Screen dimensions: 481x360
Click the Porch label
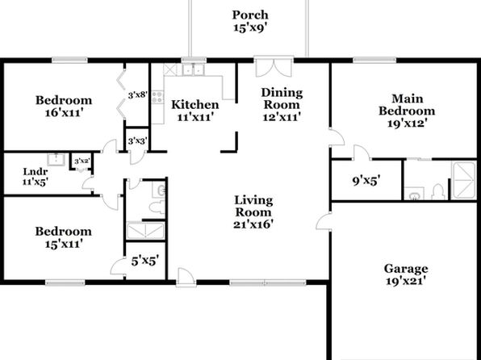250,15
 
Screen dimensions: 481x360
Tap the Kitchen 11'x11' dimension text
195,117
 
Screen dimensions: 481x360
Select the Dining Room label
282,98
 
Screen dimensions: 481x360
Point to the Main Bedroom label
407,105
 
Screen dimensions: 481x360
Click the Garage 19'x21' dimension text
406,281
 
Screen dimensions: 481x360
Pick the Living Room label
253,207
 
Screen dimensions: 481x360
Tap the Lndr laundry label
36,172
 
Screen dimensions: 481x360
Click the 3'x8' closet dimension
138,95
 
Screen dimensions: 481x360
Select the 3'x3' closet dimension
138,141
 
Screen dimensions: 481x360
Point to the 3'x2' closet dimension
82,161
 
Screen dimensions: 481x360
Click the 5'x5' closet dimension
145,262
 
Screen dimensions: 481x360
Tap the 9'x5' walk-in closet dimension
366,181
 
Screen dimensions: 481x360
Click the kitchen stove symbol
157,97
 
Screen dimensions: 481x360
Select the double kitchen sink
193,70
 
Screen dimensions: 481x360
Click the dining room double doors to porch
274,66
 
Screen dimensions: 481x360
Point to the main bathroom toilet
437,191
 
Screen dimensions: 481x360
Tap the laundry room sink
56,159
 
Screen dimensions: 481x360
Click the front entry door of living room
186,278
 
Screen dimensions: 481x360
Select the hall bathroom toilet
157,207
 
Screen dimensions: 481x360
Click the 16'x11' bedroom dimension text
64,113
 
